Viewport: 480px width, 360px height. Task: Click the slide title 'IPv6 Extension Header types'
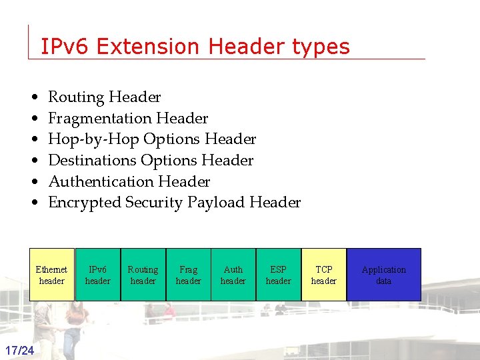pos(195,47)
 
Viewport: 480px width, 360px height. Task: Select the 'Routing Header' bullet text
pos(105,97)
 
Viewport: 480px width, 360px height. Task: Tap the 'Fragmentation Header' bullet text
pos(128,119)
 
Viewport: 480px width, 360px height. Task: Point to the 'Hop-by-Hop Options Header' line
pos(152,139)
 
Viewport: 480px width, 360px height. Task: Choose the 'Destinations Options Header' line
pos(151,161)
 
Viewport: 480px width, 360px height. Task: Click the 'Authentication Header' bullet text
pos(129,181)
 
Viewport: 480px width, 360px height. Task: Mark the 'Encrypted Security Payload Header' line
pos(175,203)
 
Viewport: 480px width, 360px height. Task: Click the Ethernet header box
pos(51,275)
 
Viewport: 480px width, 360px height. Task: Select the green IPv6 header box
pos(97,275)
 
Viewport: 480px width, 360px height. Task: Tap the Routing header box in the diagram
pos(143,275)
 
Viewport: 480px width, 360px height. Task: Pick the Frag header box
pos(188,275)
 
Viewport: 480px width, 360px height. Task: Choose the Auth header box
pos(233,275)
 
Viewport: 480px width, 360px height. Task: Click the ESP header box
pos(278,275)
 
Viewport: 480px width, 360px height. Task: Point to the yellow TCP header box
pos(324,275)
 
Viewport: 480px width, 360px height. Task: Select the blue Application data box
pos(384,275)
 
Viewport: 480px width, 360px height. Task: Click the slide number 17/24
pos(20,351)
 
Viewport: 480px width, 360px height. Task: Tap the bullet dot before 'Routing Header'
pos(33,98)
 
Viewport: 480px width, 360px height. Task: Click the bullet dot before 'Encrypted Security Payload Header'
pos(33,203)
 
